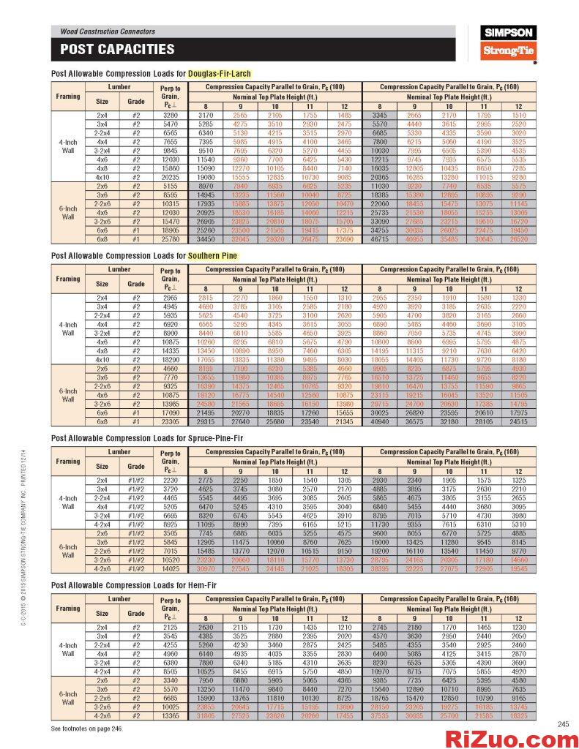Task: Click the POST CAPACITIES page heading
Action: [117, 50]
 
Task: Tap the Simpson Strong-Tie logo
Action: [509, 42]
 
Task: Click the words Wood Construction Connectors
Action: [108, 31]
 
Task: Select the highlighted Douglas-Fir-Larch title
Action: [219, 74]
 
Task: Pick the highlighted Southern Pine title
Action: [212, 256]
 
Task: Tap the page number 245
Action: [563, 724]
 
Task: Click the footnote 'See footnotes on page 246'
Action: [86, 729]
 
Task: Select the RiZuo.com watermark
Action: [509, 738]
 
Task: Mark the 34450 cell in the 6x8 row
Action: [206, 238]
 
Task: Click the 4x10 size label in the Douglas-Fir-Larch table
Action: [102, 177]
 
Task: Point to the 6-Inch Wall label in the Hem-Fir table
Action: [68, 698]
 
